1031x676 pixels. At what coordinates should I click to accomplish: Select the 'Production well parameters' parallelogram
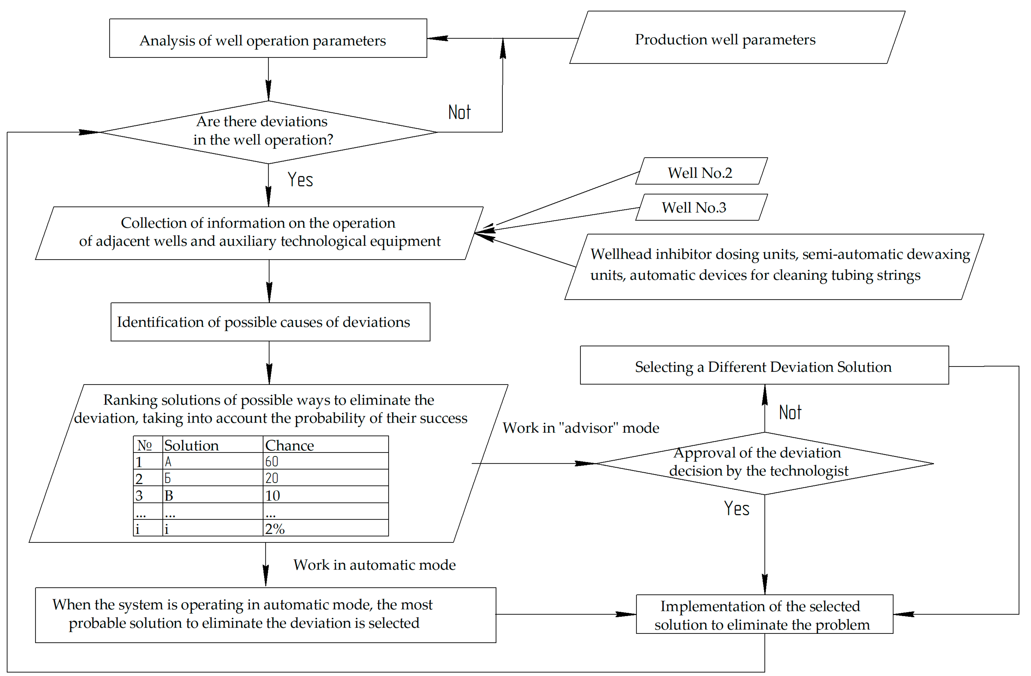(737, 38)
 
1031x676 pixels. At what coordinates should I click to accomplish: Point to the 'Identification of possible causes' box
(270, 322)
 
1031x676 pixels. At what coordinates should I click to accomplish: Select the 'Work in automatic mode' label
(374, 565)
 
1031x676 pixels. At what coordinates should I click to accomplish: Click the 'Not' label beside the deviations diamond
(459, 112)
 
